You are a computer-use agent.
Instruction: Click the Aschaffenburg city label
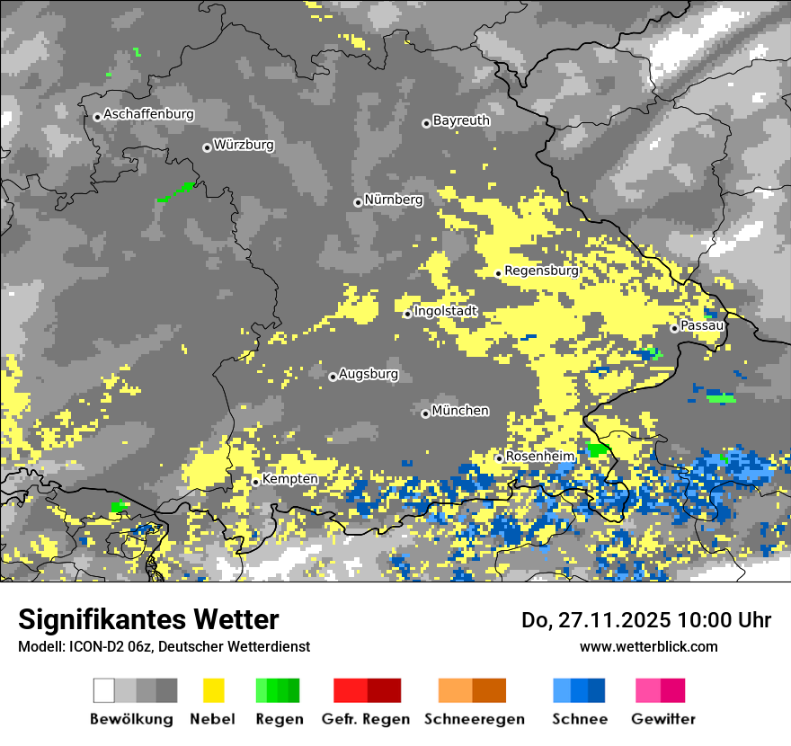[x=148, y=115]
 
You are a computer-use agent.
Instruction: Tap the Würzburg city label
[x=244, y=145]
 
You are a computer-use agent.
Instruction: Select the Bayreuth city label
[x=461, y=120]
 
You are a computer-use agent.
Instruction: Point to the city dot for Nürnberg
[x=358, y=202]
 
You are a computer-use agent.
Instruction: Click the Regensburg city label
[x=541, y=271]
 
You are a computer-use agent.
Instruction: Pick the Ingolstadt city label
[x=446, y=312]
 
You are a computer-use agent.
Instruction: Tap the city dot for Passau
[x=674, y=328]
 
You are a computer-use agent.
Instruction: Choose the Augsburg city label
[x=369, y=375]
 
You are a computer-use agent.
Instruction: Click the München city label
[x=460, y=411]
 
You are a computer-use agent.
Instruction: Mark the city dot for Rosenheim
[x=499, y=458]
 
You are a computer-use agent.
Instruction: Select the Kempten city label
[x=289, y=479]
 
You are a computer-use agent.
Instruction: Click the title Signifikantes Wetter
[x=148, y=619]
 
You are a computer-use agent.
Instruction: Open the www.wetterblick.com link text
[x=648, y=646]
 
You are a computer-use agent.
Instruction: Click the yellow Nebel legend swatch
[x=213, y=690]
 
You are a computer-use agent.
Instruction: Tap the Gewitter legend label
[x=662, y=719]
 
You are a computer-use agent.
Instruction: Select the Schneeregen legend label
[x=474, y=719]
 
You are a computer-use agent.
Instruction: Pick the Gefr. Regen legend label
[x=366, y=719]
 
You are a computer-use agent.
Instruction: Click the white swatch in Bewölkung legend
[x=104, y=690]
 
